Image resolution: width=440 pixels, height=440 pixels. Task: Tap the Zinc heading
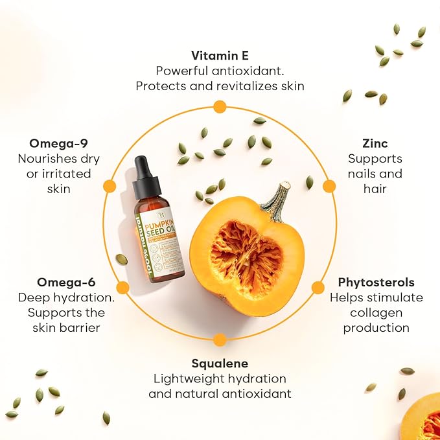375,142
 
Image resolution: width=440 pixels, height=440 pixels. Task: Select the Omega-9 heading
59,143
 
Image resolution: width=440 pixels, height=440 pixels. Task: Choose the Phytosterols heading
376,283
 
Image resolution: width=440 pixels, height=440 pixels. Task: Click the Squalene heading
220,364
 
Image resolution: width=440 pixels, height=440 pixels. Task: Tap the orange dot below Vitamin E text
220,106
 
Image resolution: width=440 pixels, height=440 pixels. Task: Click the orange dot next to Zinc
329,186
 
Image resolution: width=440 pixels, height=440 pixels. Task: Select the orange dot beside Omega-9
110,186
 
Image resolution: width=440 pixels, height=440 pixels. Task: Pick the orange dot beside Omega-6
122,288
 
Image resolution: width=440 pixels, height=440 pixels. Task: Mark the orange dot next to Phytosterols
318,288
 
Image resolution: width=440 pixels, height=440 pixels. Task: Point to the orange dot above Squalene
220,340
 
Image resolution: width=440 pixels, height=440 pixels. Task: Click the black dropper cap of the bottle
146,178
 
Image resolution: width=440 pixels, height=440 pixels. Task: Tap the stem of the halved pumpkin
277,201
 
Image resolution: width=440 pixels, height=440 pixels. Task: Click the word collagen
376,313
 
